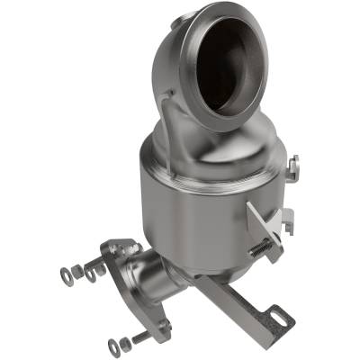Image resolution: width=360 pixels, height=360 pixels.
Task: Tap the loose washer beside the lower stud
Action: point(111,346)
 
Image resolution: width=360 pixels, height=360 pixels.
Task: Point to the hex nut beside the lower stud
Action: point(123,343)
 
